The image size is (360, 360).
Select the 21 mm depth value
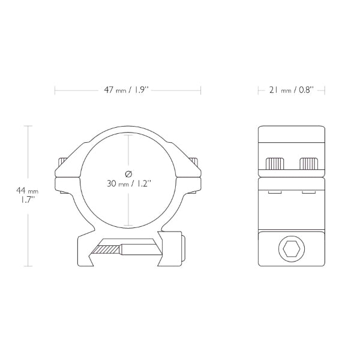point(278,91)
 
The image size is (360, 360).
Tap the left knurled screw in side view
point(275,163)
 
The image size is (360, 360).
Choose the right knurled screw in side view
point(308,163)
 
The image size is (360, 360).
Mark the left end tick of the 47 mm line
point(55,91)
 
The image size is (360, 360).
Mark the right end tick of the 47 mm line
point(200,91)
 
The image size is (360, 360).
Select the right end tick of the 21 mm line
point(325,91)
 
